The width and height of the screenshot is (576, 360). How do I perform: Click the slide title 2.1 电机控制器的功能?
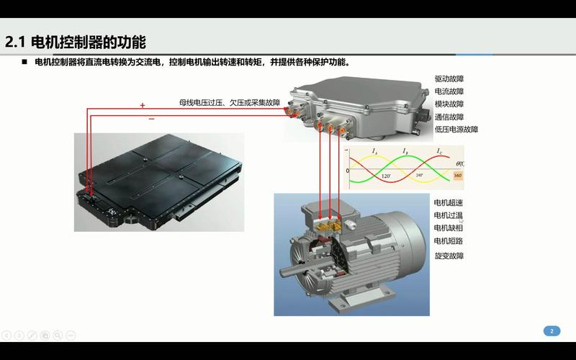80,42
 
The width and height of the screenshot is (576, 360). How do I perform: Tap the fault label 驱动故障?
449,78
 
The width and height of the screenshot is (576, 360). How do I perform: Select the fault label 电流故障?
449,91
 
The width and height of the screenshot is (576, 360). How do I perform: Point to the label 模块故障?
449,104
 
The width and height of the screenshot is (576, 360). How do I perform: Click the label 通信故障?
449,117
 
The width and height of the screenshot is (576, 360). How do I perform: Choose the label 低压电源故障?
456,130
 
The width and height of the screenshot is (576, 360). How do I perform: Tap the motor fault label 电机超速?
448,202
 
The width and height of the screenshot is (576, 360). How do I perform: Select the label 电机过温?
448,215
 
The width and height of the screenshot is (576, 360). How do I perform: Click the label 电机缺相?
448,228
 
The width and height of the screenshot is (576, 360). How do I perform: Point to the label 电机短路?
448,240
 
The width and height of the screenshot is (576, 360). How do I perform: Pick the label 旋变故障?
448,256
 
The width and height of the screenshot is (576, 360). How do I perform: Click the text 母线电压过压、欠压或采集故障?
230,103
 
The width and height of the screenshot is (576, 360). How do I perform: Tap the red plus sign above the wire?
143,105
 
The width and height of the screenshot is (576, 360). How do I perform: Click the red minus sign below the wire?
151,119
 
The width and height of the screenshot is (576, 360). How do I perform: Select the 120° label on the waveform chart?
386,176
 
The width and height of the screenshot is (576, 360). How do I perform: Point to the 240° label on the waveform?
419,175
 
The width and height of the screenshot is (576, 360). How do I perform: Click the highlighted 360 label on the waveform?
458,176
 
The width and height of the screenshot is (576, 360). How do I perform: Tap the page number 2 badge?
551,331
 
